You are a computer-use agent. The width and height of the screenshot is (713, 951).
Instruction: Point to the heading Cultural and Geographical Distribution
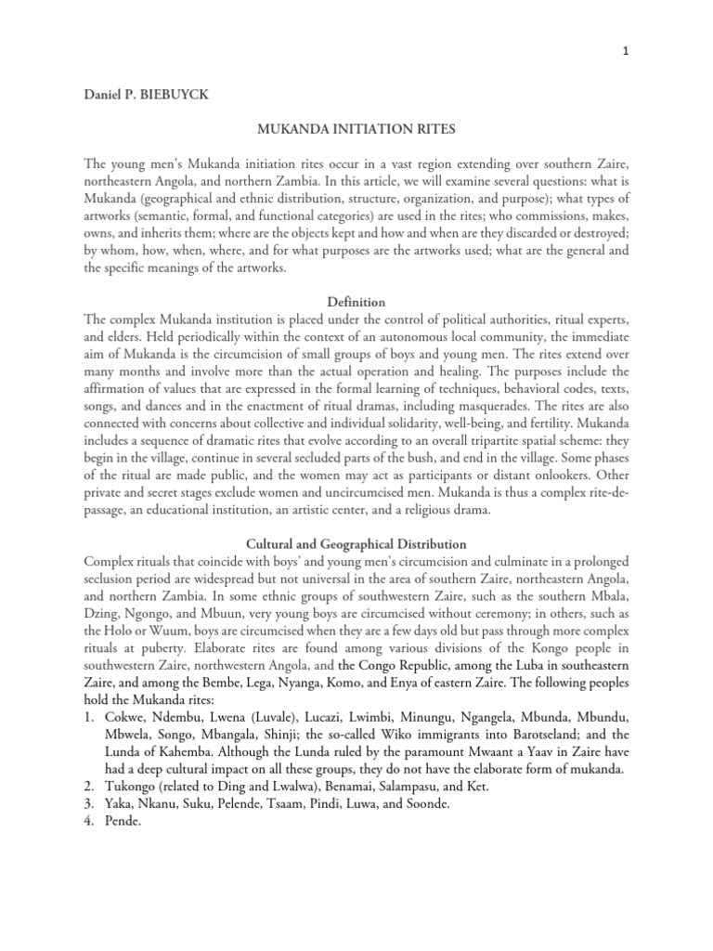click(356, 543)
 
